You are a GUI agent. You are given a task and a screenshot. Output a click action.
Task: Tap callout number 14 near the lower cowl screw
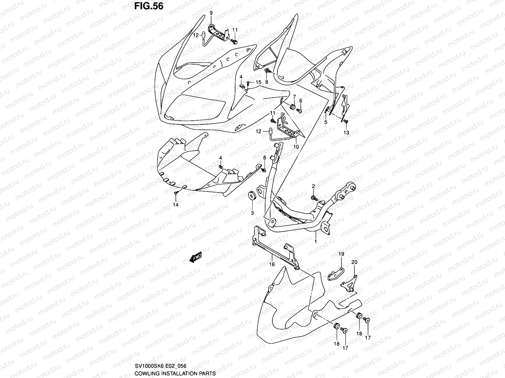pos(176,205)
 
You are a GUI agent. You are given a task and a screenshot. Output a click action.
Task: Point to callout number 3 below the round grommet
pos(252,213)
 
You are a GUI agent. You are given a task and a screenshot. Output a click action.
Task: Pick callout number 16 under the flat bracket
pos(272,265)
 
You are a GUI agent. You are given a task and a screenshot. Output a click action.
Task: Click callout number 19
pos(341,254)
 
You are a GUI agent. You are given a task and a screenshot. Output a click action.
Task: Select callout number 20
pos(354,262)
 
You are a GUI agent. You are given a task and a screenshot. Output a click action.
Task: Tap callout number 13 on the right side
pos(346,133)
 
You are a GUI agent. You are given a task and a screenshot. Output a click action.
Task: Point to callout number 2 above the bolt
pos(313,186)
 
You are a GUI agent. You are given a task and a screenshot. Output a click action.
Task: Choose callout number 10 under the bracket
pos(296,147)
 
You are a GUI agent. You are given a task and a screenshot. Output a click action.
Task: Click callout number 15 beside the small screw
pos(258,82)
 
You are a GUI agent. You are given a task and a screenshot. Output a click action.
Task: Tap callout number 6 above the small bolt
pos(300,100)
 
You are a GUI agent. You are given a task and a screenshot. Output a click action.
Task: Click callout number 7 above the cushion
pos(294,96)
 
